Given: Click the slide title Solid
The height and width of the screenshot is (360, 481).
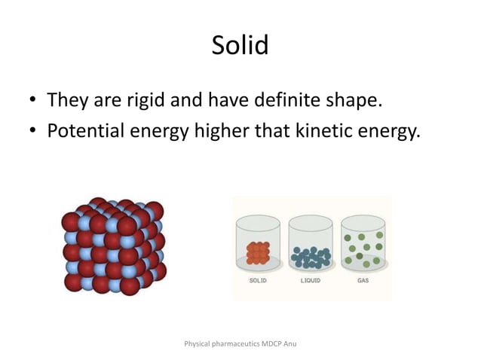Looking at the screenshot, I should pos(240,45).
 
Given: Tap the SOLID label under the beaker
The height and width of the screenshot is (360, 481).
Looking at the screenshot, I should pos(259,279).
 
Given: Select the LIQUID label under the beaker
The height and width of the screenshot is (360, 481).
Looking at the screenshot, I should pos(311,279).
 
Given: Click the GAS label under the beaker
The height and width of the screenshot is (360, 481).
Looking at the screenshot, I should pos(363,279).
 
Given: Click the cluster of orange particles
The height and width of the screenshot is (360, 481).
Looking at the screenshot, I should pos(258,253).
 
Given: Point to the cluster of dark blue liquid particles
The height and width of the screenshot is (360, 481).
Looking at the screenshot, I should pos(311,257).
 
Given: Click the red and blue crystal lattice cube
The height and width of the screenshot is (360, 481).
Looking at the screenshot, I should pos(113,246).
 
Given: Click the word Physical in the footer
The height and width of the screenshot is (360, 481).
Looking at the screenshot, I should pos(198,343).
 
